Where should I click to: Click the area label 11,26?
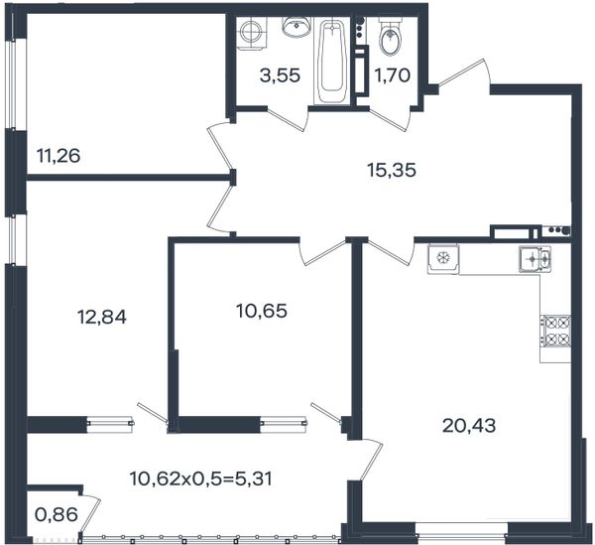pyautogui.click(x=59, y=156)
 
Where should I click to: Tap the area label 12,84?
pyautogui.click(x=102, y=317)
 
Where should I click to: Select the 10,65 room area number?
pyautogui.click(x=262, y=312)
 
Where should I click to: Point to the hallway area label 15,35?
pyautogui.click(x=392, y=170)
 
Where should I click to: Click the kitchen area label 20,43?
pyautogui.click(x=469, y=426)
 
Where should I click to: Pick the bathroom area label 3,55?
pyautogui.click(x=280, y=75)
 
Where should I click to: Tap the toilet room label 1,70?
pyautogui.click(x=393, y=75)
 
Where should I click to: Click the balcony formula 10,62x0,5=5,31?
pyautogui.click(x=201, y=478)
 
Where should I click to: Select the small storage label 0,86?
pyautogui.click(x=57, y=515)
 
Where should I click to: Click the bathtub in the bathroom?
pyautogui.click(x=333, y=62)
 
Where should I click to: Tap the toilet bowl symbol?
pyautogui.click(x=390, y=37)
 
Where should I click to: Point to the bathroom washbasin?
pyautogui.click(x=297, y=27)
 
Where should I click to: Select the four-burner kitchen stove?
pyautogui.click(x=555, y=332)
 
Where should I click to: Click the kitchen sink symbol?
pyautogui.click(x=535, y=259)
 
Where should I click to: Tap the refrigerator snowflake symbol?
pyautogui.click(x=443, y=259)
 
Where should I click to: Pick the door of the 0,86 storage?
pyautogui.click(x=91, y=513)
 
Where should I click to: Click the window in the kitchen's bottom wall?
pyautogui.click(x=461, y=529)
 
